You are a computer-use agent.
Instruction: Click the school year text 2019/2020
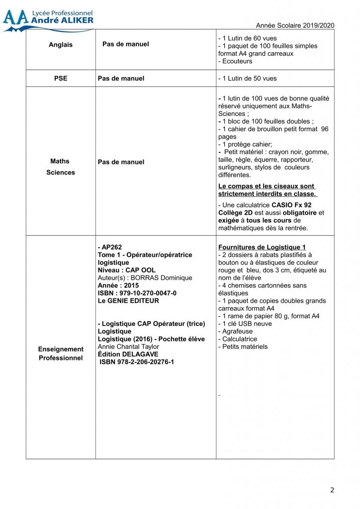point(295,25)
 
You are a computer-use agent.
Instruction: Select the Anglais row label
point(61,45)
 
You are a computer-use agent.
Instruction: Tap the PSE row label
point(61,79)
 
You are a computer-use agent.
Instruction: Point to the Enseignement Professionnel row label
point(61,353)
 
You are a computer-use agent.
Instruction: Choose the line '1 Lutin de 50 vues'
point(248,79)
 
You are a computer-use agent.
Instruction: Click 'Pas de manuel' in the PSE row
point(121,79)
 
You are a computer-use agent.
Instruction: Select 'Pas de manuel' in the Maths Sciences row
point(121,162)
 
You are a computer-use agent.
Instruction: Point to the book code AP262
point(110,247)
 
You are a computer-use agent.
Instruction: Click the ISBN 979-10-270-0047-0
point(137,293)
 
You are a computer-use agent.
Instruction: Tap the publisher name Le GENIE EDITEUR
point(129,301)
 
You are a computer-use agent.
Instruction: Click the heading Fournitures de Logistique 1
point(262,247)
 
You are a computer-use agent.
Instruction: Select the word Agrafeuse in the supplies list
point(238,331)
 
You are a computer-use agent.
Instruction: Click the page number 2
point(332,490)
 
